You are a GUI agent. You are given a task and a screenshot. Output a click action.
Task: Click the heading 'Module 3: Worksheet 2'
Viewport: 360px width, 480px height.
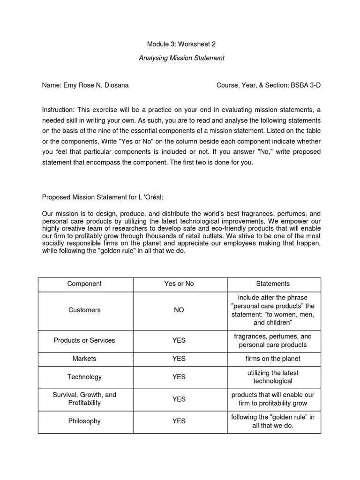coord(181,44)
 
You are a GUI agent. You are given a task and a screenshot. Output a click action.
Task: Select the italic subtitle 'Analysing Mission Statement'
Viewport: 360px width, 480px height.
coord(181,58)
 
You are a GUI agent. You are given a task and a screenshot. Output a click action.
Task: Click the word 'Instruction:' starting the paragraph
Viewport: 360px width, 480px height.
coord(59,110)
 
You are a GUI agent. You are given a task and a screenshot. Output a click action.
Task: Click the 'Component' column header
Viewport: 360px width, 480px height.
coord(84,284)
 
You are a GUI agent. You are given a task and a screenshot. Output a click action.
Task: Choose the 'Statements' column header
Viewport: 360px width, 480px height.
coord(273,284)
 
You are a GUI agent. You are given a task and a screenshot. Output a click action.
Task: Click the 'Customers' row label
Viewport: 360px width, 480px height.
coord(84,310)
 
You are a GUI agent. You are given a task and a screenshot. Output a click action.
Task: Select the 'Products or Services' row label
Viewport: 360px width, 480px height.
coord(84,340)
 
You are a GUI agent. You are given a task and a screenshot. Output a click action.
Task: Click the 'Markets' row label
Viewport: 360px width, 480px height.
coord(84,359)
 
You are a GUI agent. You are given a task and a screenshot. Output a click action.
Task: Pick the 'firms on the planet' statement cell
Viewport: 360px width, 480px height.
coord(273,359)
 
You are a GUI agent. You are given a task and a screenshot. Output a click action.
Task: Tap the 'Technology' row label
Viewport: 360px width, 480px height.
coord(84,377)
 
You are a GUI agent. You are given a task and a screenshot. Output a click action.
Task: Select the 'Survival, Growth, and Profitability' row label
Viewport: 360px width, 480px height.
coord(84,398)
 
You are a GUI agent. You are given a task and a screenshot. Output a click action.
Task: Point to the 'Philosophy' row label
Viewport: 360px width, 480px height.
coord(84,421)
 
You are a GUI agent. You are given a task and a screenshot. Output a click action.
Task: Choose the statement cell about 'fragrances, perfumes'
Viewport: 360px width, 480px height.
coord(273,340)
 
